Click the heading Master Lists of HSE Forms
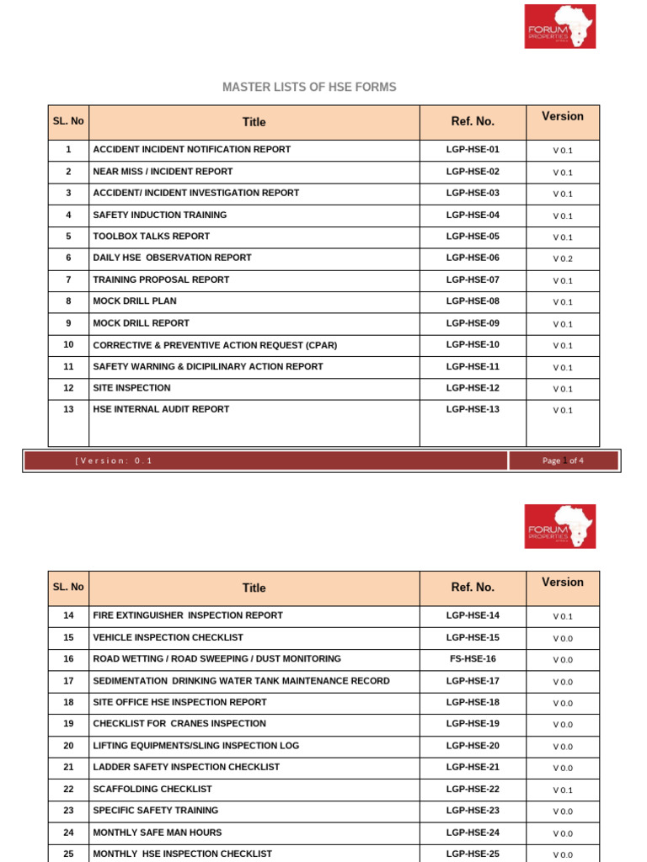click(x=309, y=88)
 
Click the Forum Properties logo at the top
click(x=559, y=26)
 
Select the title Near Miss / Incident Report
click(x=163, y=172)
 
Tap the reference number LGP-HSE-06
click(x=473, y=258)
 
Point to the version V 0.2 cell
click(x=562, y=258)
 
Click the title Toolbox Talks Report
click(x=152, y=237)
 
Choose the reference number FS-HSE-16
click(x=473, y=659)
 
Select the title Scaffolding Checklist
click(x=152, y=790)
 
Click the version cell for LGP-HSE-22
click(x=562, y=790)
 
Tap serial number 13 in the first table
click(x=68, y=410)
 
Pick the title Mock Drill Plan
click(x=135, y=301)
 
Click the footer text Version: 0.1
click(x=115, y=460)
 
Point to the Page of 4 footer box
click(x=563, y=460)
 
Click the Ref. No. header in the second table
click(x=473, y=588)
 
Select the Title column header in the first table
click(x=254, y=122)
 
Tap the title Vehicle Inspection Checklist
click(x=168, y=637)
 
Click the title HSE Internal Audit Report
click(x=161, y=410)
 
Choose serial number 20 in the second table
click(x=68, y=746)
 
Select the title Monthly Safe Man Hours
click(x=158, y=833)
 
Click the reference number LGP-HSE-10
click(x=473, y=345)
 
